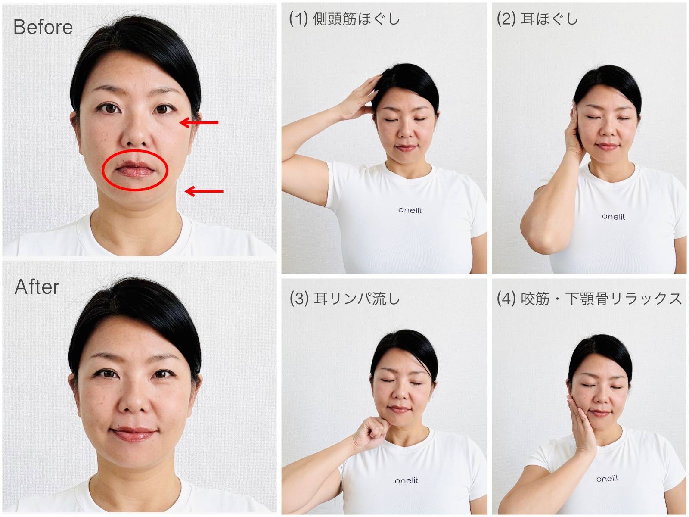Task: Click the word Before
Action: (x=43, y=27)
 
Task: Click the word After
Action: (x=37, y=287)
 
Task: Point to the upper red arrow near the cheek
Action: (x=199, y=123)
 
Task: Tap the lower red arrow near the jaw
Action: (x=204, y=191)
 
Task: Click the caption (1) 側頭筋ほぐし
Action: (x=344, y=19)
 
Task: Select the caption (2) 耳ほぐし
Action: (x=537, y=19)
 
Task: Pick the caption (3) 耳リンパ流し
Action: (x=344, y=299)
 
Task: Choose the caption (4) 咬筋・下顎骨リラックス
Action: (x=589, y=299)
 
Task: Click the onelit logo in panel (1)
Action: (x=410, y=210)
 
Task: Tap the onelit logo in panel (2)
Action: (x=614, y=217)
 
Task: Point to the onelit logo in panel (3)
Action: (x=406, y=480)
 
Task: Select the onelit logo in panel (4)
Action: (x=607, y=479)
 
